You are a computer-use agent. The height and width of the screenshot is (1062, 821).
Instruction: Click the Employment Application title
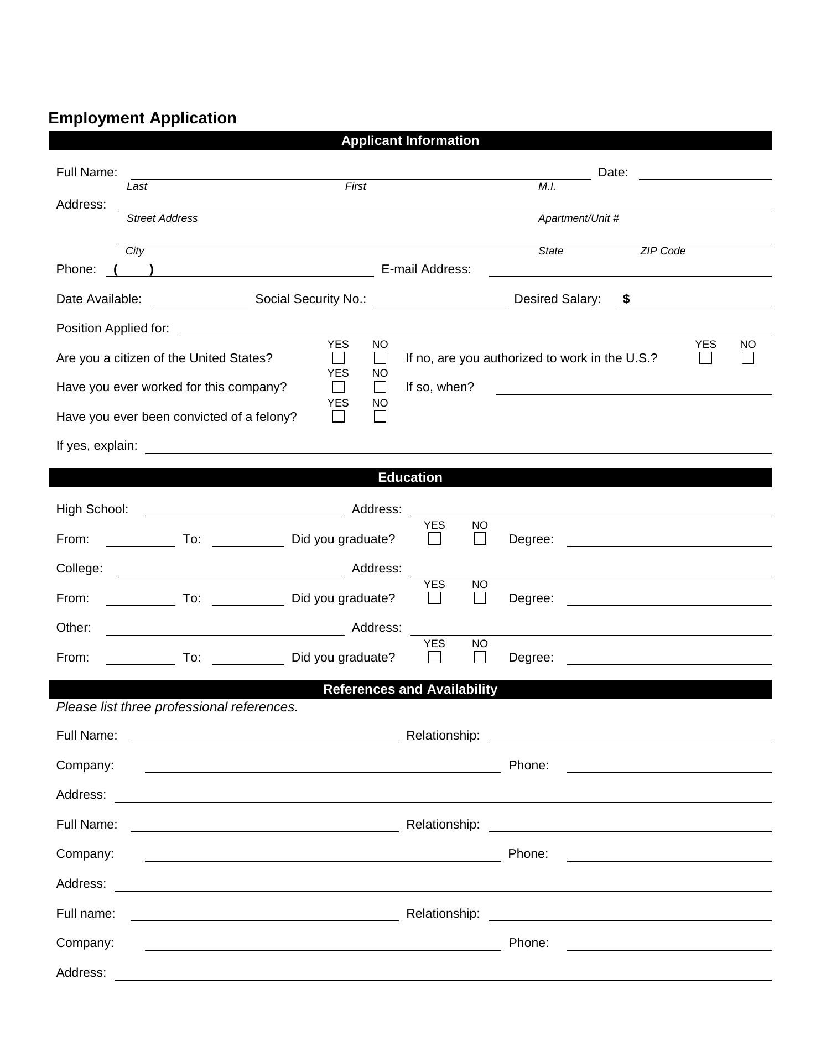click(x=142, y=118)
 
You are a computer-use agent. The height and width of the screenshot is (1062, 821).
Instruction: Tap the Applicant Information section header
click(x=410, y=140)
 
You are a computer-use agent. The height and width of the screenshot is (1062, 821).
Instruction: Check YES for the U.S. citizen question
click(x=338, y=358)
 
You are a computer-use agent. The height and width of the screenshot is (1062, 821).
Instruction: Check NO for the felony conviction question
click(x=380, y=417)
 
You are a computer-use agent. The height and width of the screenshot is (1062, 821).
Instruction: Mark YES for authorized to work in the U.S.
click(x=705, y=358)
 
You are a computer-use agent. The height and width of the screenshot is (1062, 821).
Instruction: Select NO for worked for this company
click(x=380, y=387)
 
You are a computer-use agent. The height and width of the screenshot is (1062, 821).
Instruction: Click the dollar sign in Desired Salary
click(x=626, y=299)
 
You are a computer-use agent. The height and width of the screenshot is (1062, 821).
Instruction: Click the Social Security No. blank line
click(x=440, y=301)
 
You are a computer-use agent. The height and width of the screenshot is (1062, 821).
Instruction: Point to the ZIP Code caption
click(x=663, y=251)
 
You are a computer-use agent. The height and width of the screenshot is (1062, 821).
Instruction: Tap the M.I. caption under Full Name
click(x=547, y=186)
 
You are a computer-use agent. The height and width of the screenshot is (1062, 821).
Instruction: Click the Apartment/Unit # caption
click(x=578, y=218)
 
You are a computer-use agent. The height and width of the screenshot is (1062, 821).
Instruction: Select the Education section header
click(x=410, y=477)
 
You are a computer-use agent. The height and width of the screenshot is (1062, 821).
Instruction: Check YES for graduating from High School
click(x=434, y=539)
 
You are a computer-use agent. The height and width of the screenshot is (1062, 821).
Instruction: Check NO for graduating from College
click(x=480, y=598)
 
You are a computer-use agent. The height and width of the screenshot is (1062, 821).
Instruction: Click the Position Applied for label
click(x=113, y=329)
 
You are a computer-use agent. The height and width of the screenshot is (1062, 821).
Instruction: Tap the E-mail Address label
click(x=426, y=269)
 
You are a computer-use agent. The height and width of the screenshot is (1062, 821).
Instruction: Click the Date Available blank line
click(x=201, y=301)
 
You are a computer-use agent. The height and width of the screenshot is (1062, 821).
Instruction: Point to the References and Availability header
click(x=410, y=689)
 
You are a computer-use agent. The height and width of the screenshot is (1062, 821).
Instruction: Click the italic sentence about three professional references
click(x=177, y=707)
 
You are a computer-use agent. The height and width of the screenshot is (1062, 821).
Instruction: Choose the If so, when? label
click(x=440, y=387)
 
